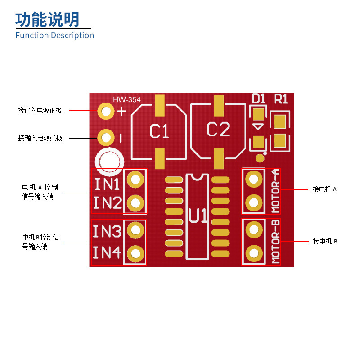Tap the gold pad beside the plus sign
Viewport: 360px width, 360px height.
pos(107,111)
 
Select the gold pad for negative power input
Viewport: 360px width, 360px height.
pos(107,136)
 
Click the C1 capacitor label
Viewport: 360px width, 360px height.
pos(159,131)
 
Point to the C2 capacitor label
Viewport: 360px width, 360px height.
pos(218,130)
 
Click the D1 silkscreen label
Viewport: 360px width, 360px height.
pos(258,99)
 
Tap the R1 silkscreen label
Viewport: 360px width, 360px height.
pos(281,99)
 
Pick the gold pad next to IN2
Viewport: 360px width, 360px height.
pos(135,203)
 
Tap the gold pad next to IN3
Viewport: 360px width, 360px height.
pos(135,230)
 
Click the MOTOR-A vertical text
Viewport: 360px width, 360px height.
pos(276,191)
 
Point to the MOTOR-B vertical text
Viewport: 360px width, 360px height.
pos(276,242)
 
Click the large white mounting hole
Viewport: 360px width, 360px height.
pos(109,161)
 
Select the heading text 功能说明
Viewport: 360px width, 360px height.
pos(47,19)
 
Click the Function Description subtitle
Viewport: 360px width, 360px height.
pos(55,36)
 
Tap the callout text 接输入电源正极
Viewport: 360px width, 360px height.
pos(40,111)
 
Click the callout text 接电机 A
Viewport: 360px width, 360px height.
pos(324,189)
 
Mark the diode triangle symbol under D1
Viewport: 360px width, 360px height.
pos(258,127)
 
